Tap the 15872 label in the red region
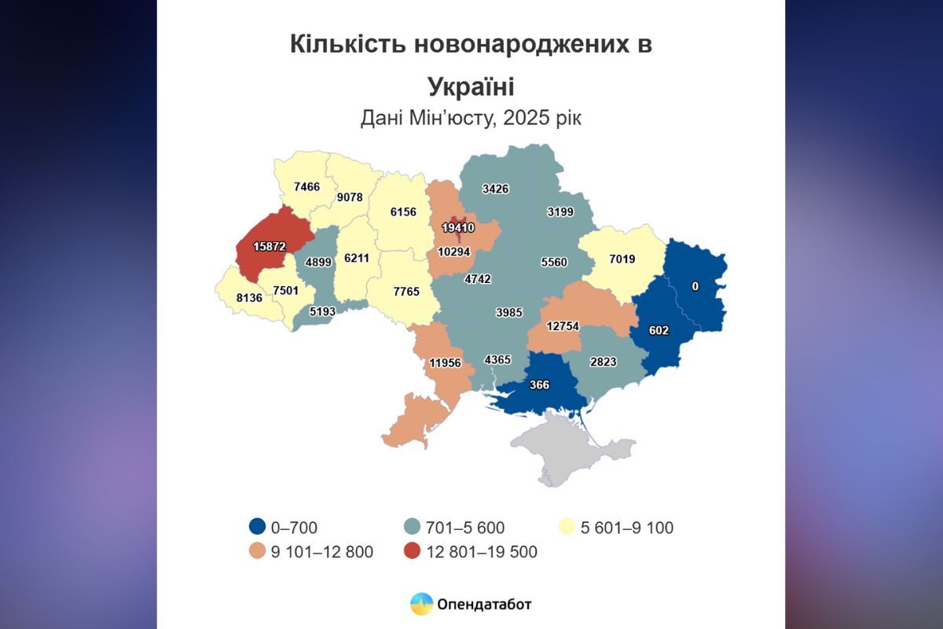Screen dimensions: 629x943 click(x=269, y=246)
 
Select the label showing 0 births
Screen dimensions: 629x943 click(x=695, y=287)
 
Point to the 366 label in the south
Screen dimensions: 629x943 click(x=539, y=384)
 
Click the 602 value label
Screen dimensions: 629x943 click(x=659, y=331)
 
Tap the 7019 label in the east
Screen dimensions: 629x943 click(x=621, y=259)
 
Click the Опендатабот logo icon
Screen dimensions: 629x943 click(x=422, y=604)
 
